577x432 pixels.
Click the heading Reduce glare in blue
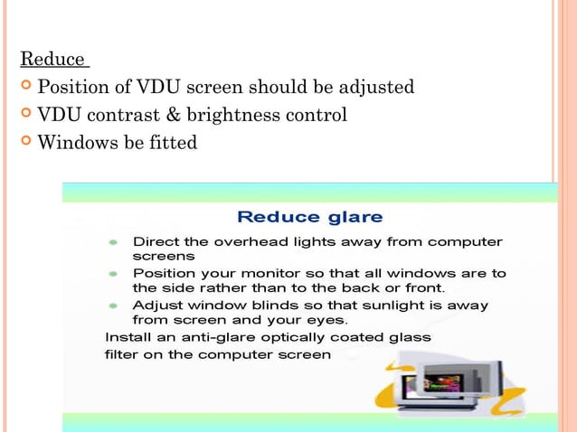(309, 217)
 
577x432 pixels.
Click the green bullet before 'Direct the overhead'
(113, 243)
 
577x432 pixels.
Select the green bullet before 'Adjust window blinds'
(113, 306)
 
